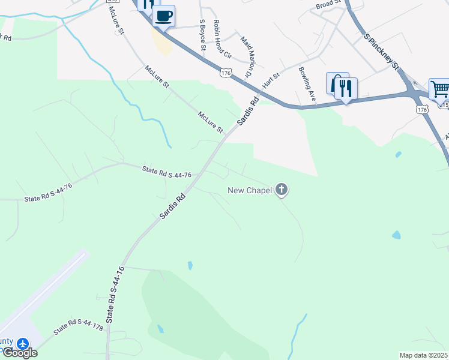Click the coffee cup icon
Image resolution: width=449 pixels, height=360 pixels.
[164, 16]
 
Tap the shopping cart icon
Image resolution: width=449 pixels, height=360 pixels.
[439, 89]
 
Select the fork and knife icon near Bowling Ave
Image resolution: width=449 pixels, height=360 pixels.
[345, 89]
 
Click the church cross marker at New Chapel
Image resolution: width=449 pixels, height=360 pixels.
[282, 191]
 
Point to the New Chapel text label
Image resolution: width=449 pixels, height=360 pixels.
[250, 191]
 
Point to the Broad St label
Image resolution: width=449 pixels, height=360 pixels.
[328, 5]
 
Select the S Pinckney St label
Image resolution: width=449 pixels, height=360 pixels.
[382, 52]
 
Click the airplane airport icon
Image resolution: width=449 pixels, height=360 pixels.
[23, 344]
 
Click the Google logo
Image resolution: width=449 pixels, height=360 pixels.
[20, 353]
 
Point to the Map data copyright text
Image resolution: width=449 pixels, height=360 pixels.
[424, 355]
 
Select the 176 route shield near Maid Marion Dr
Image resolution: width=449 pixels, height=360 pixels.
[226, 73]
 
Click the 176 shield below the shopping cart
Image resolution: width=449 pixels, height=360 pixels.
[422, 110]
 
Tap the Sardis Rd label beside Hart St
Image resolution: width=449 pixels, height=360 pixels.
[247, 111]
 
